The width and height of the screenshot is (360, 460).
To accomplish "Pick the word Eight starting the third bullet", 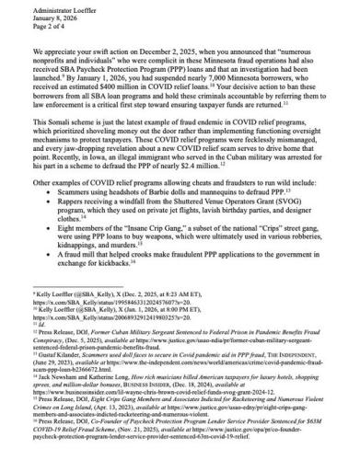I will [x=64, y=237].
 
